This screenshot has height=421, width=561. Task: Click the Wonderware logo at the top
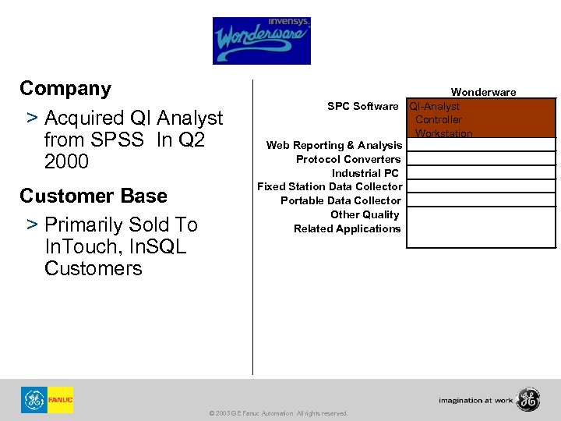pyautogui.click(x=261, y=41)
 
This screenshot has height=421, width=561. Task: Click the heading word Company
pyautogui.click(x=65, y=88)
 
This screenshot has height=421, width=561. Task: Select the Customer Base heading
pyautogui.click(x=93, y=195)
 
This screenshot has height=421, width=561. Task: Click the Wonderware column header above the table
pyautogui.click(x=483, y=92)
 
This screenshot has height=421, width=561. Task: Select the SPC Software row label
pyautogui.click(x=362, y=106)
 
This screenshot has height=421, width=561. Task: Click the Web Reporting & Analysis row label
pyautogui.click(x=333, y=145)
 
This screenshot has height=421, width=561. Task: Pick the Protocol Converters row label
pyautogui.click(x=348, y=159)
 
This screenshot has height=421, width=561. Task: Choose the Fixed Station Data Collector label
pyautogui.click(x=330, y=186)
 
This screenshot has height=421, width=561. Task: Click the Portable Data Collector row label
pyautogui.click(x=340, y=200)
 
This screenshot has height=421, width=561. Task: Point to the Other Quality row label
pyautogui.click(x=365, y=214)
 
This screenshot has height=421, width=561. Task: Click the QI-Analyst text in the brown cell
pyautogui.click(x=435, y=106)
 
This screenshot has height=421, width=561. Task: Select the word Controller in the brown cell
pyautogui.click(x=438, y=119)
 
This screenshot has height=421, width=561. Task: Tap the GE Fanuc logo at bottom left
pyautogui.click(x=47, y=400)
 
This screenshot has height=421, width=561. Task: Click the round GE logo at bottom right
pyautogui.click(x=527, y=399)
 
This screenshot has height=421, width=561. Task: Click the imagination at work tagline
pyautogui.click(x=475, y=401)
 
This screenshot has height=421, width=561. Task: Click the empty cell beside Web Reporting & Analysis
pyautogui.click(x=481, y=145)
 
